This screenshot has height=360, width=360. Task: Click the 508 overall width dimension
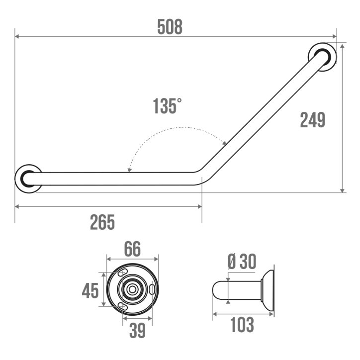170,27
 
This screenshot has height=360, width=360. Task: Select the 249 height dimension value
312,120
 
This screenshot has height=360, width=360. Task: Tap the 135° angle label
167,105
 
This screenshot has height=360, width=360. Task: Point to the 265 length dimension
102,222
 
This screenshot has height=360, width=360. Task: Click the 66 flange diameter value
132,249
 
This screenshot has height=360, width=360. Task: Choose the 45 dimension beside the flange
90,291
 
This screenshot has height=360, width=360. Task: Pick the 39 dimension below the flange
138,330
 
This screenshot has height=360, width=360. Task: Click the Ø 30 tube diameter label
242,262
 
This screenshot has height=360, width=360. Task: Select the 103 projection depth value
242,325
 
